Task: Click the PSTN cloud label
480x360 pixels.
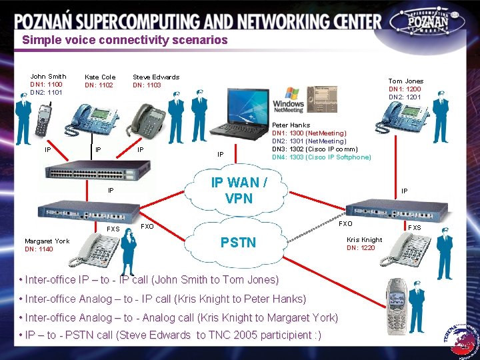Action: click(238, 243)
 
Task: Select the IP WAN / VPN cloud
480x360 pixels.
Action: click(239, 190)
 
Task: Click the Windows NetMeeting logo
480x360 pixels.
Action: click(288, 100)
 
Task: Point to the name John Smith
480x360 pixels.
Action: click(48, 77)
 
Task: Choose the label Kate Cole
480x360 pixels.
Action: click(100, 77)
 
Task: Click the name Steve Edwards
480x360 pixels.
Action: click(156, 77)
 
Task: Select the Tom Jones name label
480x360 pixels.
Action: click(406, 81)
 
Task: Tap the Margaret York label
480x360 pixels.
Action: click(47, 241)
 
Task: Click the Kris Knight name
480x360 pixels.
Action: click(365, 240)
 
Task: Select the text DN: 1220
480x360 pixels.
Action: click(360, 249)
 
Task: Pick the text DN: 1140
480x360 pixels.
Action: click(39, 249)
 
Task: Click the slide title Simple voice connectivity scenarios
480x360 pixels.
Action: click(125, 40)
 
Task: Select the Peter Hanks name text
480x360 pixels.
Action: click(291, 125)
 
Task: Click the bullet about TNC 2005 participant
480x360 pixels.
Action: click(172, 335)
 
